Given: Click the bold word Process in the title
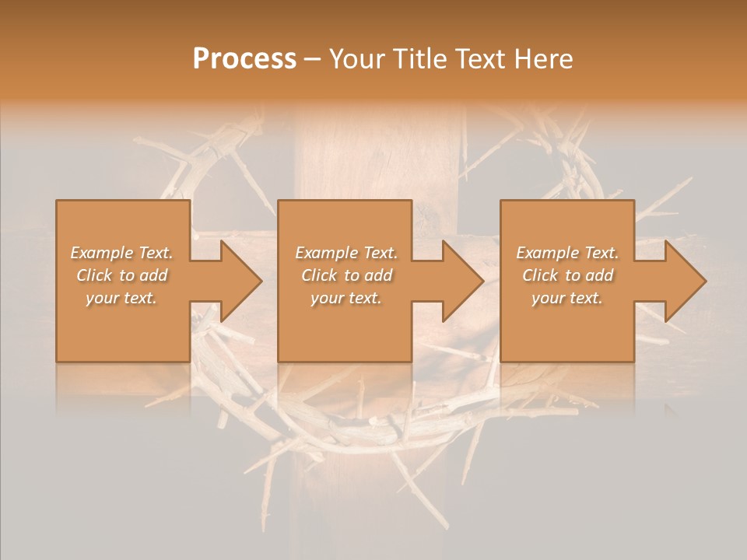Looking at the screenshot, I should [x=244, y=59].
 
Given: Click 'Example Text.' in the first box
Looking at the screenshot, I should [x=122, y=253].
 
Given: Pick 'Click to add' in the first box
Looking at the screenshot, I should [x=122, y=275].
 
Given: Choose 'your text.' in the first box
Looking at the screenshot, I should [x=122, y=298].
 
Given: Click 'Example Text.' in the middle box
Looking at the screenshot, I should [x=345, y=253].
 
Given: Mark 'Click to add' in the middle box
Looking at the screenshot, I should [x=345, y=275].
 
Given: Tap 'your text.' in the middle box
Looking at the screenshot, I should [x=345, y=298].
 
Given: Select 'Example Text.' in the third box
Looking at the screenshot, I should [x=567, y=253].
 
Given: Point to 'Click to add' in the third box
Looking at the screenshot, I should [x=567, y=275].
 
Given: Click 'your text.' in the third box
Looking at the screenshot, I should [x=567, y=298].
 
